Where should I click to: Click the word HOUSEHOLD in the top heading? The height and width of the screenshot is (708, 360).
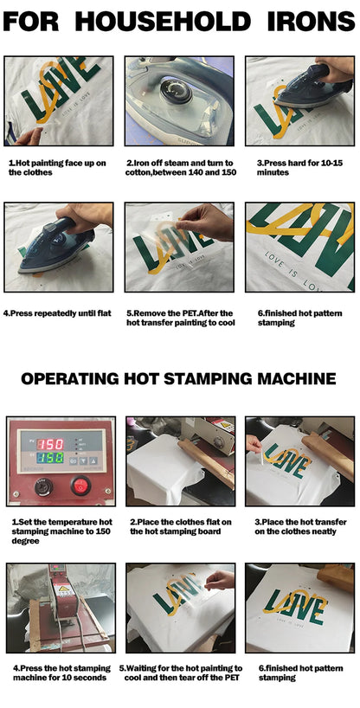[163, 22]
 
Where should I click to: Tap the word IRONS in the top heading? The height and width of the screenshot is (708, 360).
[312, 22]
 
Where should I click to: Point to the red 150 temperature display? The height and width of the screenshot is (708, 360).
[49, 443]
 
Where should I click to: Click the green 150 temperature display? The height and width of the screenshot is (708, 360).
[49, 458]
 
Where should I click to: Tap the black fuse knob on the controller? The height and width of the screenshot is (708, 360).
[44, 486]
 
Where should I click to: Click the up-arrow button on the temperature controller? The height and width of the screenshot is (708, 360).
[93, 461]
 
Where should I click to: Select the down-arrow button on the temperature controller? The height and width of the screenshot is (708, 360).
[83, 461]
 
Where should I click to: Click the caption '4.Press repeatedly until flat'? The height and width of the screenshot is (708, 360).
[57, 313]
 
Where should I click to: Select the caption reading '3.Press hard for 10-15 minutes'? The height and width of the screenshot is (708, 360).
[299, 168]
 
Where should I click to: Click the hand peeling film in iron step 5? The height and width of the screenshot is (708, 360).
[204, 222]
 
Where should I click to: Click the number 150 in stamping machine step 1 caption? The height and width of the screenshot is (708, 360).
[104, 531]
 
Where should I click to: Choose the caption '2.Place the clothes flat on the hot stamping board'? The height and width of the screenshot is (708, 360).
[181, 527]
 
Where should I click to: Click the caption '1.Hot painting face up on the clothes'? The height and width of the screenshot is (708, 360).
[57, 168]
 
